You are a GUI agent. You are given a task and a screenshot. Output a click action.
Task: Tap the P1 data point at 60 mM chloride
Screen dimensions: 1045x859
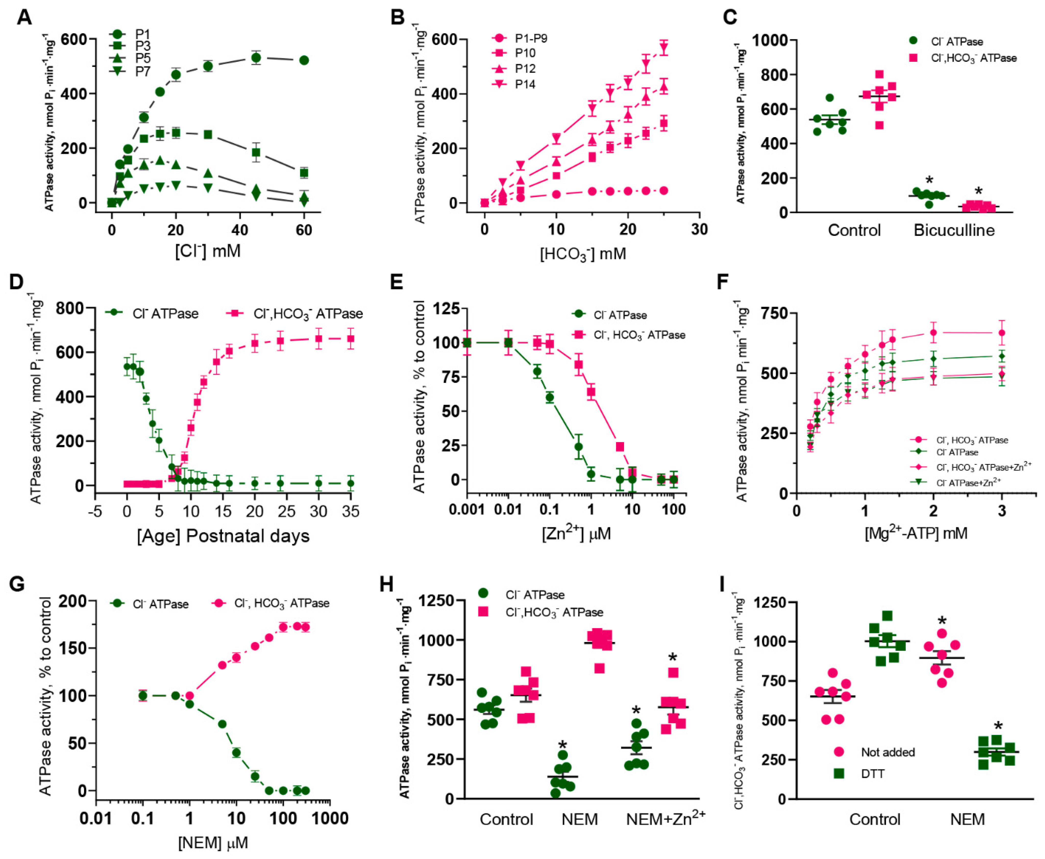[x=304, y=60]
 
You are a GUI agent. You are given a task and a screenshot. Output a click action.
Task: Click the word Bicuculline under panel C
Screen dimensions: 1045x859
[x=954, y=231]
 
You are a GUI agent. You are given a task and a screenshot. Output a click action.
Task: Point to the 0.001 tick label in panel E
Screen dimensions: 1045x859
[x=466, y=509]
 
